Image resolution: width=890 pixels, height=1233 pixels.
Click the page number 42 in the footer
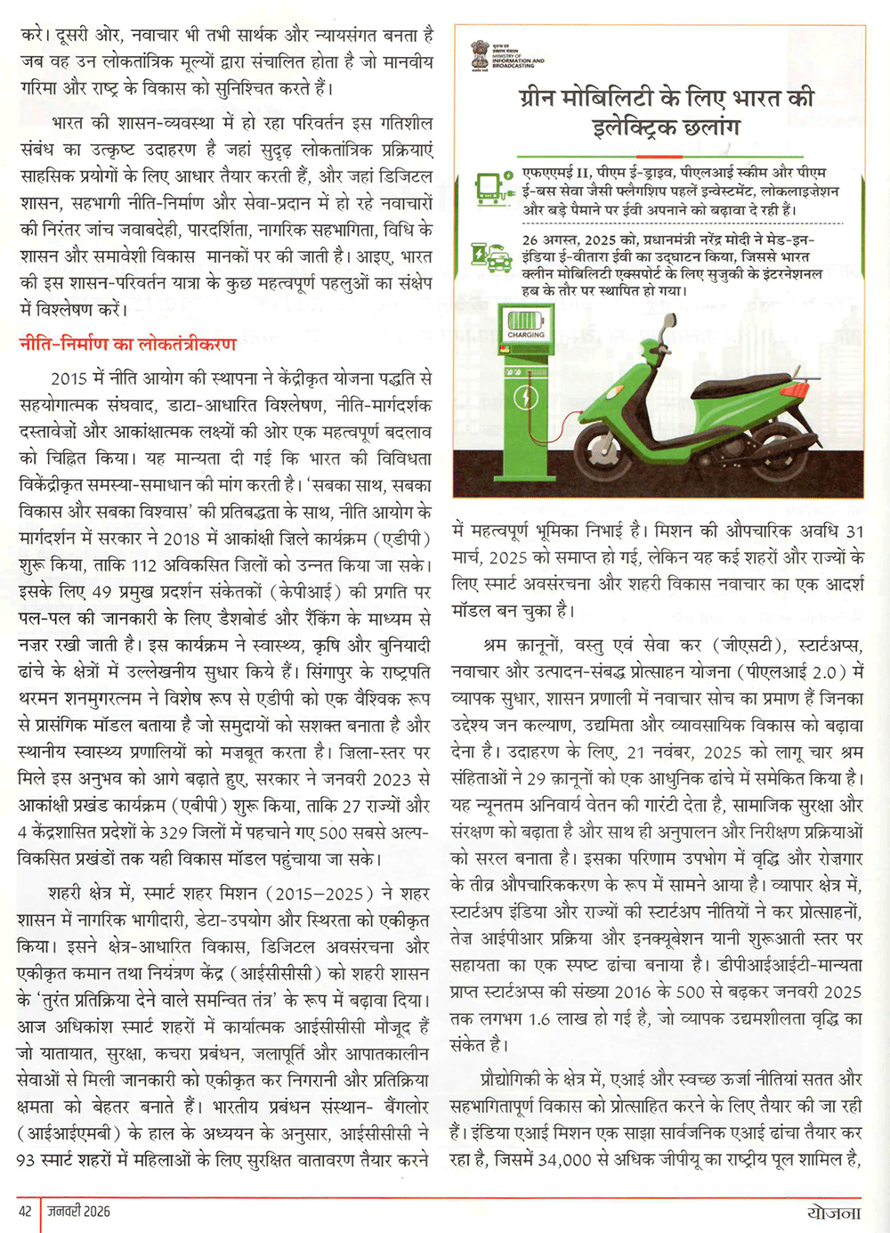point(26,1212)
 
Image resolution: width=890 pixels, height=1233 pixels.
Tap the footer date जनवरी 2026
point(79,1212)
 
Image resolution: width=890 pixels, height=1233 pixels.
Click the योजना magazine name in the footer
point(834,1212)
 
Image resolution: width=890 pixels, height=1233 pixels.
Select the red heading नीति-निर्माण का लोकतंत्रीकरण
point(127,345)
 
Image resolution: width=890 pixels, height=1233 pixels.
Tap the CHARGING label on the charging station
point(526,335)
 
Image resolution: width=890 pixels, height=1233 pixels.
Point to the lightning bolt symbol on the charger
point(526,396)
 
